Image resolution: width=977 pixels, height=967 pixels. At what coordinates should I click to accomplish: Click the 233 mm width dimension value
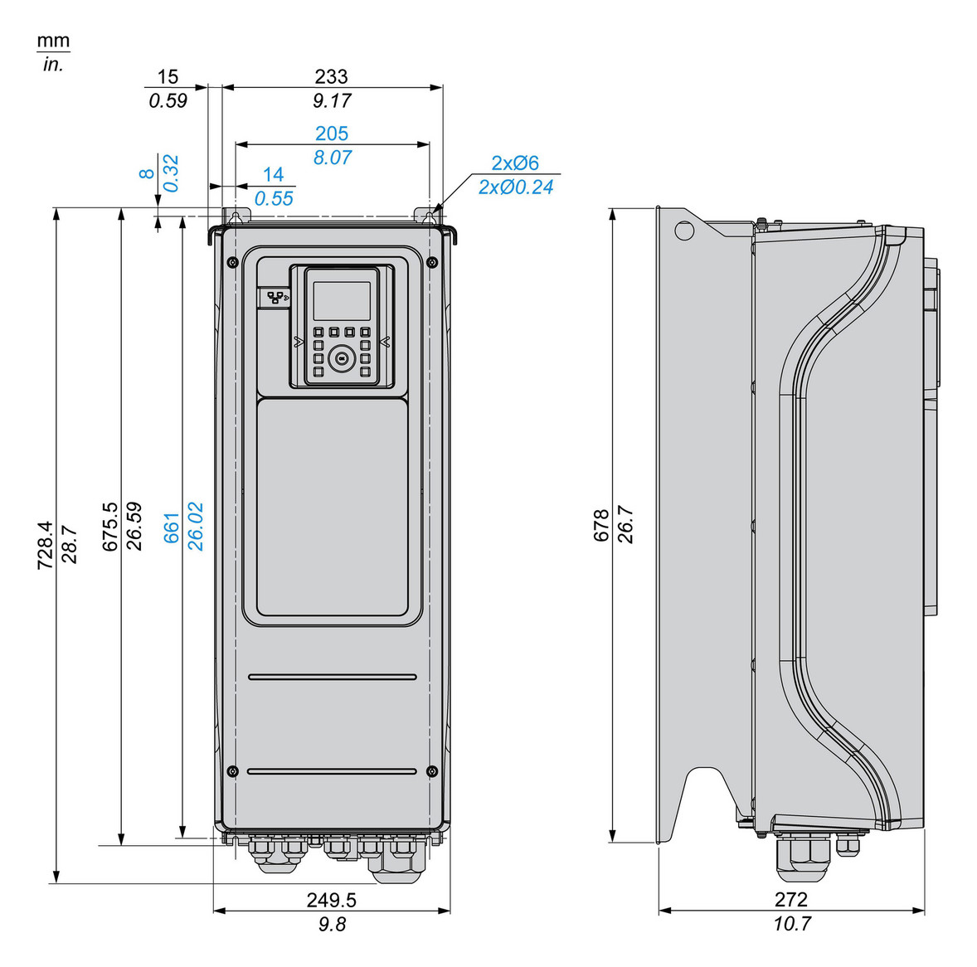point(331,76)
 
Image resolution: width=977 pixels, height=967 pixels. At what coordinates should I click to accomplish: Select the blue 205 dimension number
point(331,134)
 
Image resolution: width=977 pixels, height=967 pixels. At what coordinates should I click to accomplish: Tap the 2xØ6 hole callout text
point(514,163)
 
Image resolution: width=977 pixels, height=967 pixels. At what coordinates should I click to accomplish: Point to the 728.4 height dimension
point(45,545)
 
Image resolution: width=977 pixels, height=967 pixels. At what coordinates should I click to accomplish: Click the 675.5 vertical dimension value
point(109,526)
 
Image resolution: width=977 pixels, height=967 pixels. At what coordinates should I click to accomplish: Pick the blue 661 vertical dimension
point(172,527)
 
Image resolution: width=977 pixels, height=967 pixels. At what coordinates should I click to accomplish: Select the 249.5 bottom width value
point(331,900)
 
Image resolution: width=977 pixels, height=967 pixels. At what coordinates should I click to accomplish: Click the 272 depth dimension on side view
point(790,900)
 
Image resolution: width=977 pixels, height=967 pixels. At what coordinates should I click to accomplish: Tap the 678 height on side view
point(601,526)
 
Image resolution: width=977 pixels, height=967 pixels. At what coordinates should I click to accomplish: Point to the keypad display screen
point(341,299)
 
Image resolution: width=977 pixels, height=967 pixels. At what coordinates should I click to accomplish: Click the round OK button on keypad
point(340,358)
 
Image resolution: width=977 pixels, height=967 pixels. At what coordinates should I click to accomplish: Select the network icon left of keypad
point(275,297)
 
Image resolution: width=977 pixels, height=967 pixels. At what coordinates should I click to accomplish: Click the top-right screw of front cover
point(431,262)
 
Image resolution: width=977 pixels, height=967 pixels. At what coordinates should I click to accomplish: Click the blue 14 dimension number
point(273,174)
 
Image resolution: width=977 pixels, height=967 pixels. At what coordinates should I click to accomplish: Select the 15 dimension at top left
point(168,76)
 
